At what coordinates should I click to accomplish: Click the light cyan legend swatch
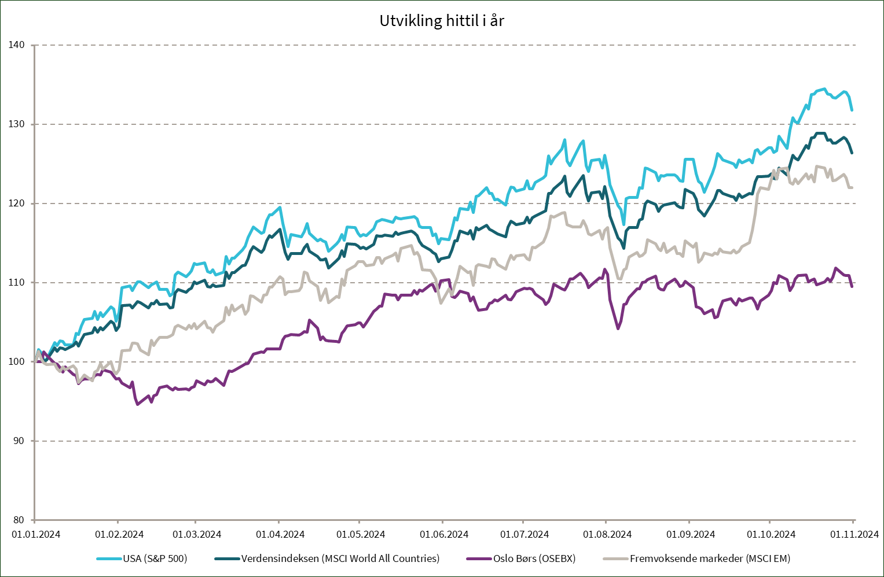point(109,558)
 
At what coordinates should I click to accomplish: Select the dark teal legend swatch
point(227,558)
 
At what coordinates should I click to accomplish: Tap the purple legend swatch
point(479,558)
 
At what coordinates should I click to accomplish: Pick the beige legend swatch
point(615,558)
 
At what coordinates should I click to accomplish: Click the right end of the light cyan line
point(852,110)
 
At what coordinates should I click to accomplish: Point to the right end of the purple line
point(852,286)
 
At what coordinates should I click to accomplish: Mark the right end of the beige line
point(852,187)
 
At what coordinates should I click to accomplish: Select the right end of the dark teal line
point(852,153)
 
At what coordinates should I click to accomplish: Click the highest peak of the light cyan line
point(823,89)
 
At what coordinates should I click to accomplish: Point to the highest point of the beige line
point(817,166)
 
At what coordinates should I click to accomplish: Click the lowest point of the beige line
point(79,383)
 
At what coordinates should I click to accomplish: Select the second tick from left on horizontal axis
point(118,521)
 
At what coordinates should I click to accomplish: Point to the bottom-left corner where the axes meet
point(35,520)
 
